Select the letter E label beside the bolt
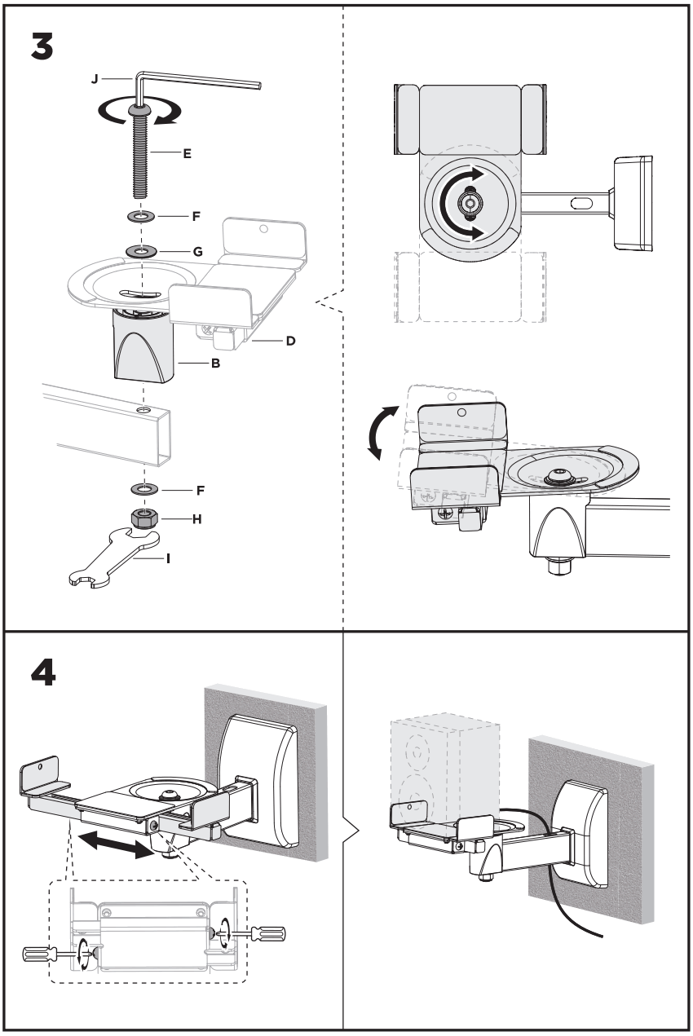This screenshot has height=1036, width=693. [187, 152]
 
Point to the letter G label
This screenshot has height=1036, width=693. [197, 253]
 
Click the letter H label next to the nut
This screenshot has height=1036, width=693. [196, 518]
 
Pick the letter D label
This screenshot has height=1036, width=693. [289, 341]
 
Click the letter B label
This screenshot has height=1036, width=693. [216, 364]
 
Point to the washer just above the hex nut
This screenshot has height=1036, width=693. [143, 490]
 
